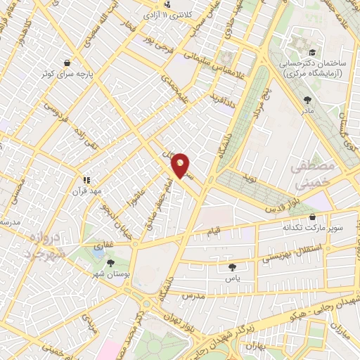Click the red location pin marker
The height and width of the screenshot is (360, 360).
(x=181, y=165)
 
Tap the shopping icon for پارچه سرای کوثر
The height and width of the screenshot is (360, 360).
(x=67, y=63)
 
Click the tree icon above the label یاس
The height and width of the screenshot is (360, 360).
(x=232, y=267)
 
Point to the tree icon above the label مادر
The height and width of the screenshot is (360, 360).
(x=307, y=100)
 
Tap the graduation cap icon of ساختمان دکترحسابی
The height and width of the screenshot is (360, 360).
(x=310, y=52)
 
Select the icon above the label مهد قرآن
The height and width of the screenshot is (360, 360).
(x=87, y=180)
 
